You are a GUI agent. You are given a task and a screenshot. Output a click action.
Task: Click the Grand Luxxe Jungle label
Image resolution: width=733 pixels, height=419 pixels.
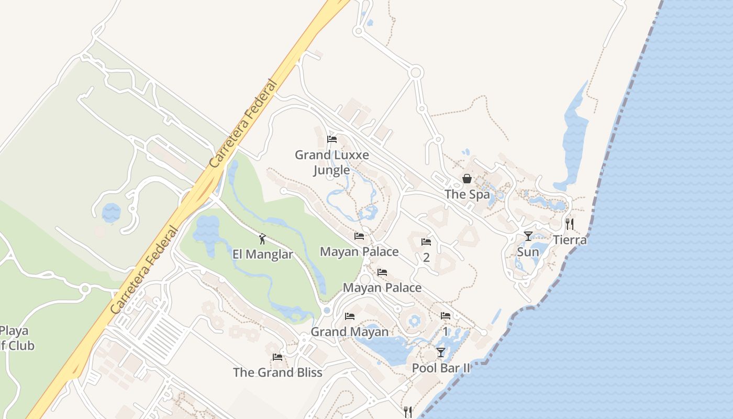(x=331, y=162)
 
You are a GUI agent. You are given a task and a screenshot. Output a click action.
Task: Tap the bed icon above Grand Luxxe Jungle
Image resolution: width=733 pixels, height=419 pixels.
(x=331, y=139)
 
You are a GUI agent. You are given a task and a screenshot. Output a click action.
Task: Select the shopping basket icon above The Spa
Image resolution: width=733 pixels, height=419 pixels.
(x=467, y=179)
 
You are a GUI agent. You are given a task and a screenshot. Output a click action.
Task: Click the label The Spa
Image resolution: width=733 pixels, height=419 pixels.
(x=467, y=194)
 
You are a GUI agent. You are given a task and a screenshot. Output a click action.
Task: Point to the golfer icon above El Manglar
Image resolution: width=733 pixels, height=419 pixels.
(x=262, y=239)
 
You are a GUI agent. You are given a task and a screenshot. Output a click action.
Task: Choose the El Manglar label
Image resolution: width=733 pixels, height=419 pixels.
(x=262, y=255)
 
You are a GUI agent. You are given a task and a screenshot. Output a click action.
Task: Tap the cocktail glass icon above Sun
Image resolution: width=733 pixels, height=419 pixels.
(x=528, y=236)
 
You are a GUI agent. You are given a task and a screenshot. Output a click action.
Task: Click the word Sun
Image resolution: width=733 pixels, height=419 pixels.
(x=528, y=252)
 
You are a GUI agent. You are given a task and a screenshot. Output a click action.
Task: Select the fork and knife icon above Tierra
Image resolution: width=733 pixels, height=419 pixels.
(x=570, y=224)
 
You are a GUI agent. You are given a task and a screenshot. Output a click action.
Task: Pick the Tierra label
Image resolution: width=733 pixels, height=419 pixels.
(x=570, y=240)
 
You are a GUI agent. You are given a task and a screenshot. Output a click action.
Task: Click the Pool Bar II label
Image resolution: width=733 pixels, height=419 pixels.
(x=441, y=368)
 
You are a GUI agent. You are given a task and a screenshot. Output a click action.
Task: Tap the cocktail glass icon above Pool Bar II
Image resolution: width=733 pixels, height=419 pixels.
(x=441, y=352)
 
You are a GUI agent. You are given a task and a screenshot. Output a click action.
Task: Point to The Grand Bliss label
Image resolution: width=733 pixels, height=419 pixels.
(x=277, y=372)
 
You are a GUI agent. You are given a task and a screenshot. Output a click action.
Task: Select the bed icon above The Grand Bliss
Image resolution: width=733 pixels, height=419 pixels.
(x=277, y=357)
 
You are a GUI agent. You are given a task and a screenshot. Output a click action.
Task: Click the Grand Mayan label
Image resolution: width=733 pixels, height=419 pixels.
(x=350, y=332)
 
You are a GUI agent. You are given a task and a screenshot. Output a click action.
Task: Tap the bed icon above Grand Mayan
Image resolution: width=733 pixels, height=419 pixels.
(x=350, y=316)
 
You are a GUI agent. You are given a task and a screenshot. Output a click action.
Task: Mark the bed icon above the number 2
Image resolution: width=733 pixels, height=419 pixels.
(x=426, y=242)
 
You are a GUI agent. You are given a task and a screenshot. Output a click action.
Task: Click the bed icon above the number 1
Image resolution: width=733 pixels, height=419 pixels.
(x=446, y=316)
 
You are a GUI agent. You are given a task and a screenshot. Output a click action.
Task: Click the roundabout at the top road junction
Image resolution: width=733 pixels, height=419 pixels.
(x=416, y=72)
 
